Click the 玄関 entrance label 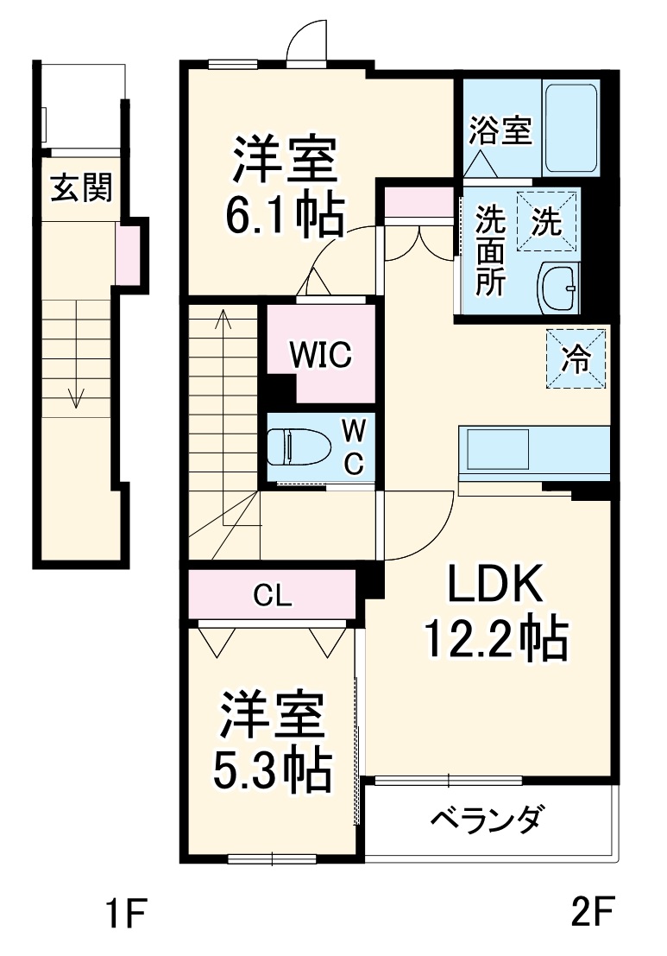pos(81,187)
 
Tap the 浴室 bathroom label pos(500,132)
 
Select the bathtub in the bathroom pos(570,128)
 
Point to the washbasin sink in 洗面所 pos(559,288)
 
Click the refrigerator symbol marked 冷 pos(576,358)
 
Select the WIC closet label pos(320,355)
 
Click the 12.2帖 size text pos(494,642)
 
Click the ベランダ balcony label pos(487,818)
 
